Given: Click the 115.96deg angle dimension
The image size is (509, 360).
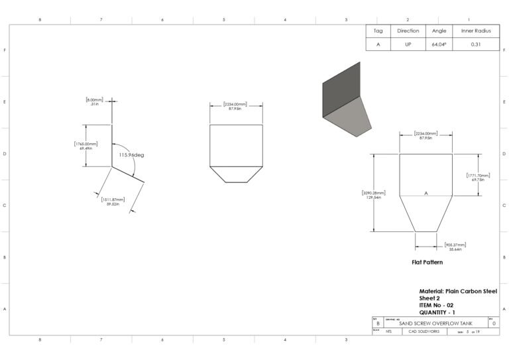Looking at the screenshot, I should (x=131, y=154).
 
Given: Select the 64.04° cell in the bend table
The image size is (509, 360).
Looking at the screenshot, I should (x=439, y=44).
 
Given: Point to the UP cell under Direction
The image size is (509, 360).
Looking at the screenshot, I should (x=408, y=44).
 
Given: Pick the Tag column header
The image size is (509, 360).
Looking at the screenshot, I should (x=378, y=30).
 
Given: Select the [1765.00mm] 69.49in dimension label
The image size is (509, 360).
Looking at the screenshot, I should (x=86, y=146).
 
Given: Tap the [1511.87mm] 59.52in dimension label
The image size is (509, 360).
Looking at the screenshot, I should (x=113, y=202).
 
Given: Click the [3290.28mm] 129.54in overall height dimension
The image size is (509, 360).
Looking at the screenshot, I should (x=371, y=195).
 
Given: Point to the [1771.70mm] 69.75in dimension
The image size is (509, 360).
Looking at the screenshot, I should (x=477, y=176).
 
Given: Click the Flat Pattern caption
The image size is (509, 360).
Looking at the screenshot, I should (x=427, y=263).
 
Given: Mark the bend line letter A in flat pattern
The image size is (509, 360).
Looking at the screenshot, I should (x=425, y=192).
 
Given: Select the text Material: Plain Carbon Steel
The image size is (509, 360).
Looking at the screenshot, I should (x=458, y=291).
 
